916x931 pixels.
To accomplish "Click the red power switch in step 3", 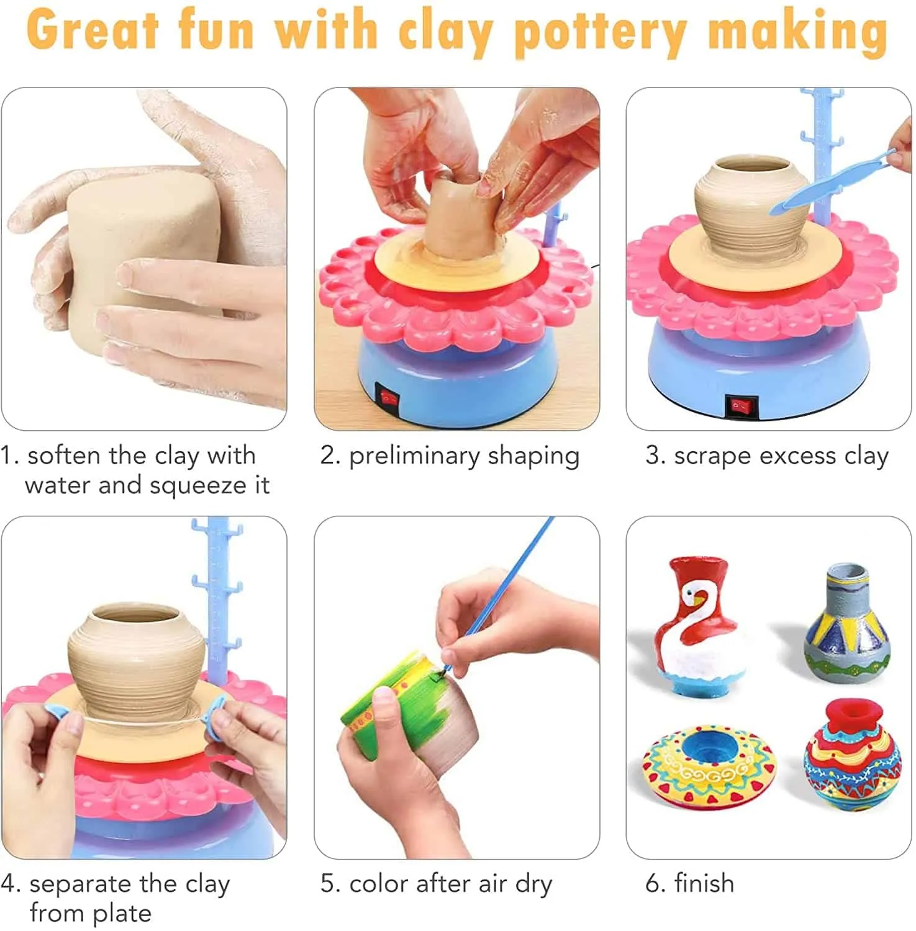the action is (741, 407).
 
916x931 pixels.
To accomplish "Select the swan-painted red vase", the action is (701, 627).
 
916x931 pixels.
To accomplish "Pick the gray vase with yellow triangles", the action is (846, 623).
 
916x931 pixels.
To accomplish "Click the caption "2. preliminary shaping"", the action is (450, 456).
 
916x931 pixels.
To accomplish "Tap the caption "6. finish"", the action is (689, 883).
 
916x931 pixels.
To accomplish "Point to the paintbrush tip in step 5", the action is (445, 669).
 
